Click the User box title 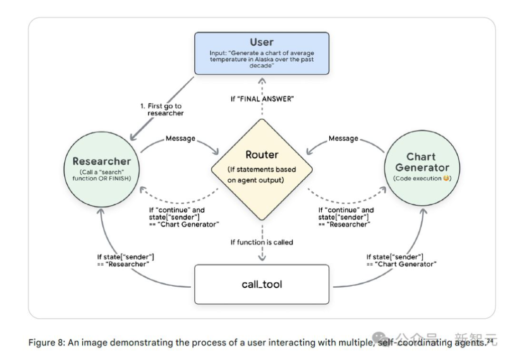coord(261,42)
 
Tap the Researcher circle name coord(102,161)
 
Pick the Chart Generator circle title coord(421,162)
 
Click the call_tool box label coord(262,284)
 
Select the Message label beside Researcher coord(181,138)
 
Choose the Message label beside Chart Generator coord(343,138)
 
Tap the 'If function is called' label coord(262,242)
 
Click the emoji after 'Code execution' coord(445,178)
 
